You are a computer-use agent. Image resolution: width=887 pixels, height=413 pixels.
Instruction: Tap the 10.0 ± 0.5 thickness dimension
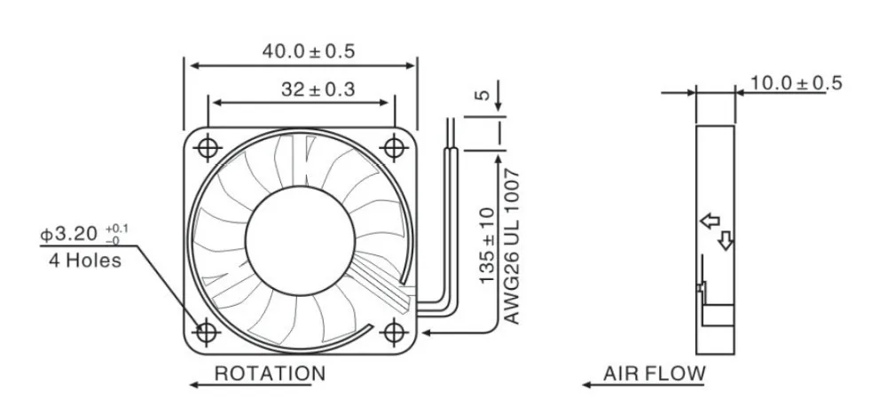point(796,83)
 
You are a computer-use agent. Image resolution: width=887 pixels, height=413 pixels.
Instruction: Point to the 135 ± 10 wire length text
point(487,245)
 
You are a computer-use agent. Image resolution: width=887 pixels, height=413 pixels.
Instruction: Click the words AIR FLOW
point(654,374)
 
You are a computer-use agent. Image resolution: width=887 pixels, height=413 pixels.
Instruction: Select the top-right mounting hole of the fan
point(393,145)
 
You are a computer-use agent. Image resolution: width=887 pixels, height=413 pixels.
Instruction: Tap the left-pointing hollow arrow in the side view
point(710,222)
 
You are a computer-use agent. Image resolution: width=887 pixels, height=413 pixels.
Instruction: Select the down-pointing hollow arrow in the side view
point(725,240)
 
